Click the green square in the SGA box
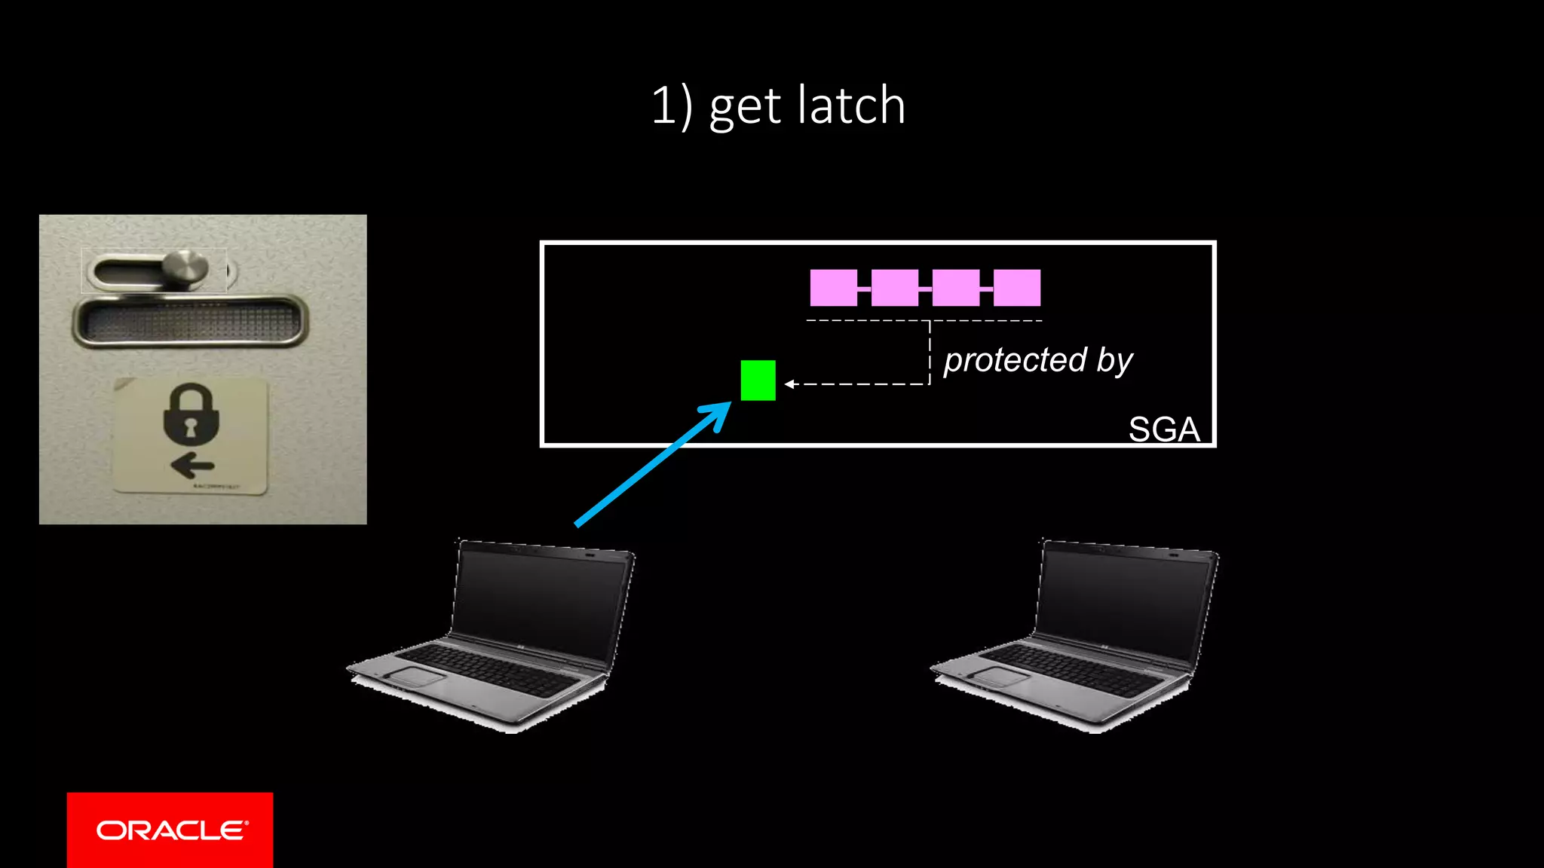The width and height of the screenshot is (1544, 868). [x=758, y=381]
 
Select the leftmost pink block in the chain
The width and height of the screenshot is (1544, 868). [x=833, y=288]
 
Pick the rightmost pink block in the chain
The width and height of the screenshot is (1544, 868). [x=1017, y=288]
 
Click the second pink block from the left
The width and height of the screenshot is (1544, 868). [x=894, y=288]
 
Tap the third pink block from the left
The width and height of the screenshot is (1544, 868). [x=956, y=288]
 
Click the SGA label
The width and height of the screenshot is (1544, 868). [x=1163, y=429]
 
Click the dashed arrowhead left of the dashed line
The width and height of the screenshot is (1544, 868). [x=789, y=384]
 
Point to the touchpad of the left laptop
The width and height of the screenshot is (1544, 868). [x=417, y=675]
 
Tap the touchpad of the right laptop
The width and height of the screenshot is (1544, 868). [x=1001, y=675]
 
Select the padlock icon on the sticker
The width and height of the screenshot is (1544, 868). [x=191, y=414]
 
